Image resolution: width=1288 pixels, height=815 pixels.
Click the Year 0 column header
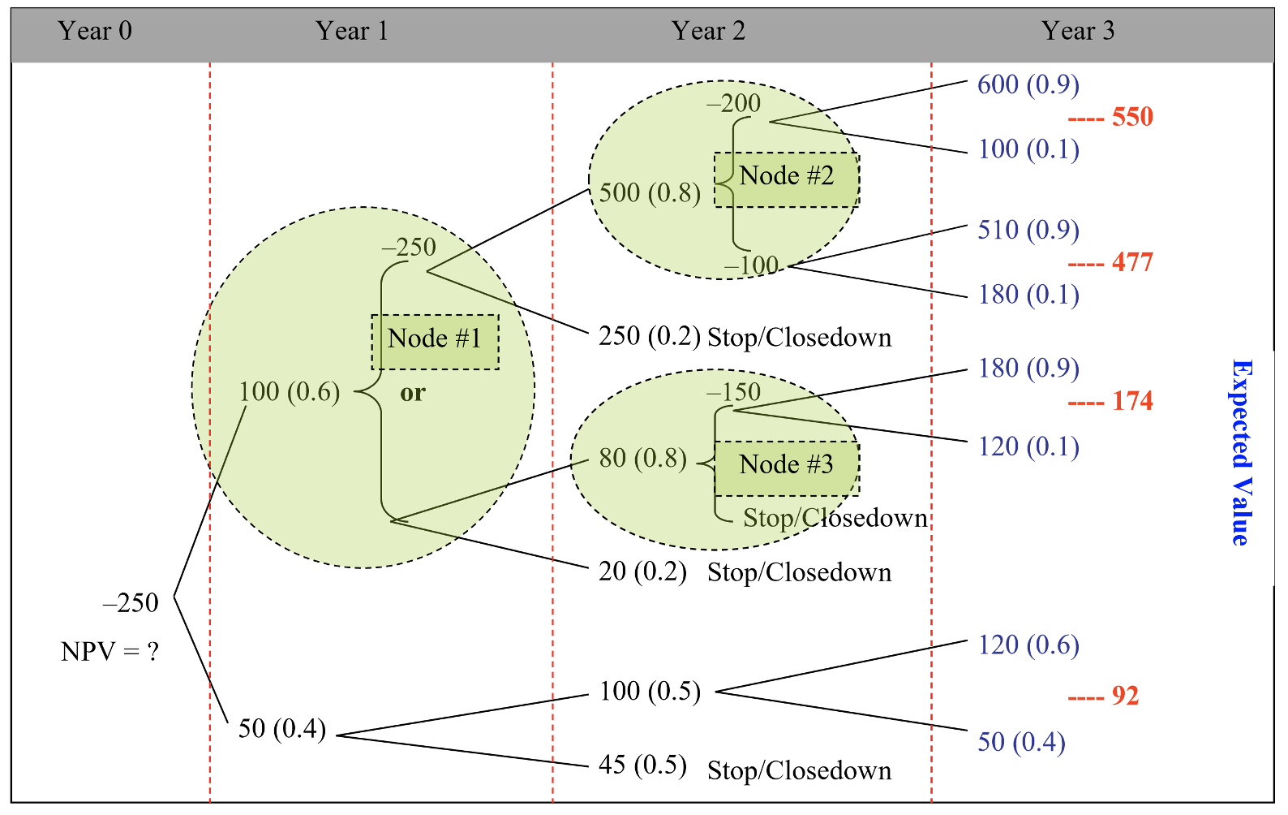point(94,31)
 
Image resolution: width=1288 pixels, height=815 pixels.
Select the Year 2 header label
point(707,31)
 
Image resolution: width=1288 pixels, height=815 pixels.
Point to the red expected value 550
point(1131,117)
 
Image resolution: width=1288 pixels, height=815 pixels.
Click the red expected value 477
point(1131,262)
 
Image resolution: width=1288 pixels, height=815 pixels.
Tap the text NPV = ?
point(109,651)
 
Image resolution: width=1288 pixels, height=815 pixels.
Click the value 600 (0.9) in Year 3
point(1028,84)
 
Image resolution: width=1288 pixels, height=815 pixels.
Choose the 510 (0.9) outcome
point(1028,230)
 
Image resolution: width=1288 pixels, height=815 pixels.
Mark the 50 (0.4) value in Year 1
point(281,728)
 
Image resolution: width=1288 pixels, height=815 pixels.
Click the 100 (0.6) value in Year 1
point(289,392)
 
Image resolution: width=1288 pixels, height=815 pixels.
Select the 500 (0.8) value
point(649,193)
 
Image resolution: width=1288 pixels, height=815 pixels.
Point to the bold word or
point(412,394)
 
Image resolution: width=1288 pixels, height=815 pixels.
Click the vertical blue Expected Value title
point(1240,452)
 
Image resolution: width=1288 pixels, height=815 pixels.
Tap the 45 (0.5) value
point(642,765)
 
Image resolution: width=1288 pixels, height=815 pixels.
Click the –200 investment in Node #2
point(733,104)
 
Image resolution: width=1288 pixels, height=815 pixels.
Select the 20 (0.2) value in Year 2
point(642,571)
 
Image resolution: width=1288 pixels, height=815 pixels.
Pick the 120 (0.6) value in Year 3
point(1028,645)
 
